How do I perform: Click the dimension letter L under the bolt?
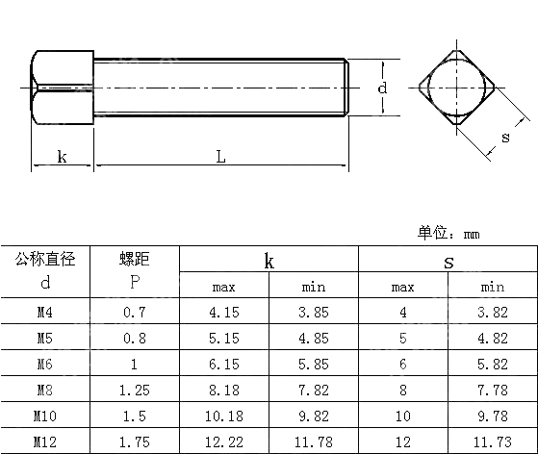pos(220,157)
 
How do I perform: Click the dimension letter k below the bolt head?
pos(62,156)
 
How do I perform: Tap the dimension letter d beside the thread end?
pos(383,88)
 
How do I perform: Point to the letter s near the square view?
pos(504,137)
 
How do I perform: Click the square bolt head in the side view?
pos(63,88)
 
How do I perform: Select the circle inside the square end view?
pos(459,88)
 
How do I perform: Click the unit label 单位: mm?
pos(448,233)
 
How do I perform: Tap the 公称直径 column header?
pos(44,259)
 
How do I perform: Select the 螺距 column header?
pos(135,259)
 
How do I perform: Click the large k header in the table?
pos(269,261)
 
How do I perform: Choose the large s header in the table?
pos(448,261)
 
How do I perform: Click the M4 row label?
pos(44,313)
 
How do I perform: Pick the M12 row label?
pos(44,441)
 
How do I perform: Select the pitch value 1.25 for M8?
pos(135,390)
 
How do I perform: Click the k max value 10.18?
pos(223,416)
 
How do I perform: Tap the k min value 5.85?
pos(314,365)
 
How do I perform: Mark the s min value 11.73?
pos(492,441)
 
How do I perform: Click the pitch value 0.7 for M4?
pos(135,313)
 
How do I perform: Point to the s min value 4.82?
pos(492,339)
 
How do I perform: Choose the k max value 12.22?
pos(223,441)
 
